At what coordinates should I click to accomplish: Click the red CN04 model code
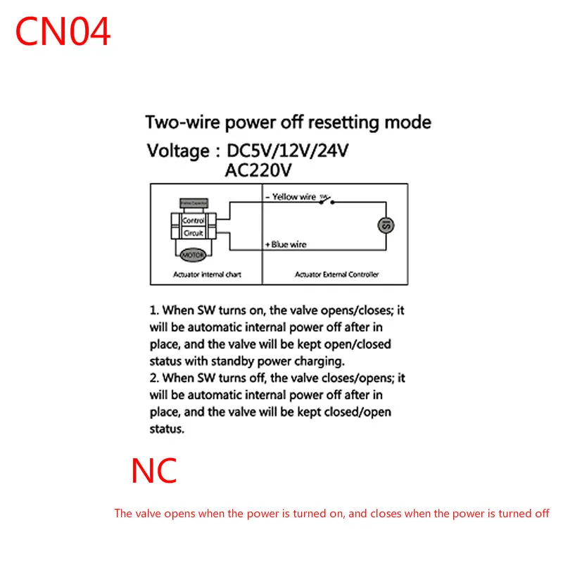(63, 32)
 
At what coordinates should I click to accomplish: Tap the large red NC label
(154, 471)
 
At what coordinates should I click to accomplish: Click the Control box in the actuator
(193, 220)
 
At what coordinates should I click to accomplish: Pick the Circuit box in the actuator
(193, 233)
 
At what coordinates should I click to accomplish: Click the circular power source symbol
(386, 225)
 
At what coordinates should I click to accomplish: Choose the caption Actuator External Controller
(336, 274)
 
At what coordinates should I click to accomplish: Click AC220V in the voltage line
(258, 170)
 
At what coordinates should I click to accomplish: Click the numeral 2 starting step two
(152, 379)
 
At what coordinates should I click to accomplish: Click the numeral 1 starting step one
(152, 310)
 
